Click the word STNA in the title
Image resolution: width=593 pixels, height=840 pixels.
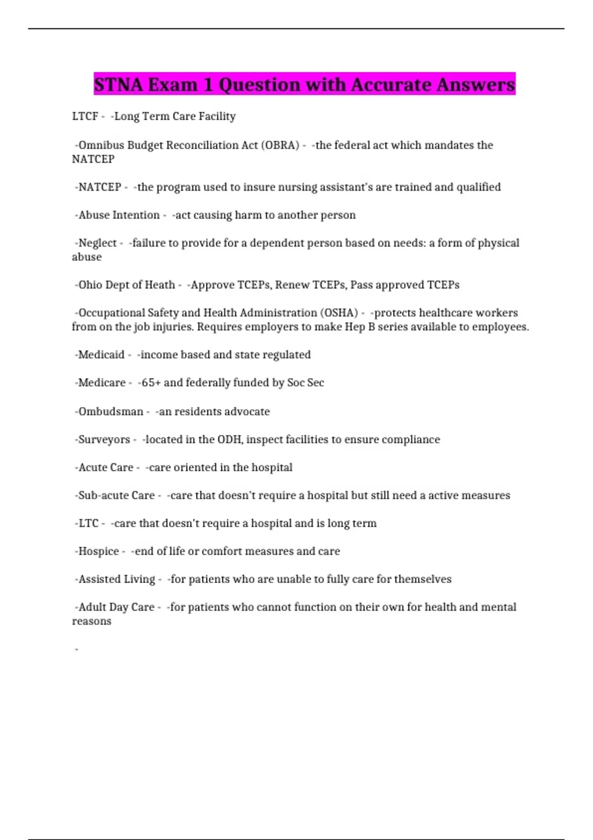[118, 84]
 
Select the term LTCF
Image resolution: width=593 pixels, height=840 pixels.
[85, 116]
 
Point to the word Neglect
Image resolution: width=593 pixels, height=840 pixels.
[97, 243]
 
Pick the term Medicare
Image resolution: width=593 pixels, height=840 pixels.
[102, 382]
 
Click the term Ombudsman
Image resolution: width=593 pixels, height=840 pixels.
[111, 412]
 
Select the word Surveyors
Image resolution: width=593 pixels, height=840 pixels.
[104, 439]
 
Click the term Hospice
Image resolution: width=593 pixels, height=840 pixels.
[98, 551]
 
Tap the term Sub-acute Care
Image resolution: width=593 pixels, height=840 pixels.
[116, 495]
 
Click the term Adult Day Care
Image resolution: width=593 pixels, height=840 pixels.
[116, 607]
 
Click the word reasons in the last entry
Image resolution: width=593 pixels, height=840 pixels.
[91, 621]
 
